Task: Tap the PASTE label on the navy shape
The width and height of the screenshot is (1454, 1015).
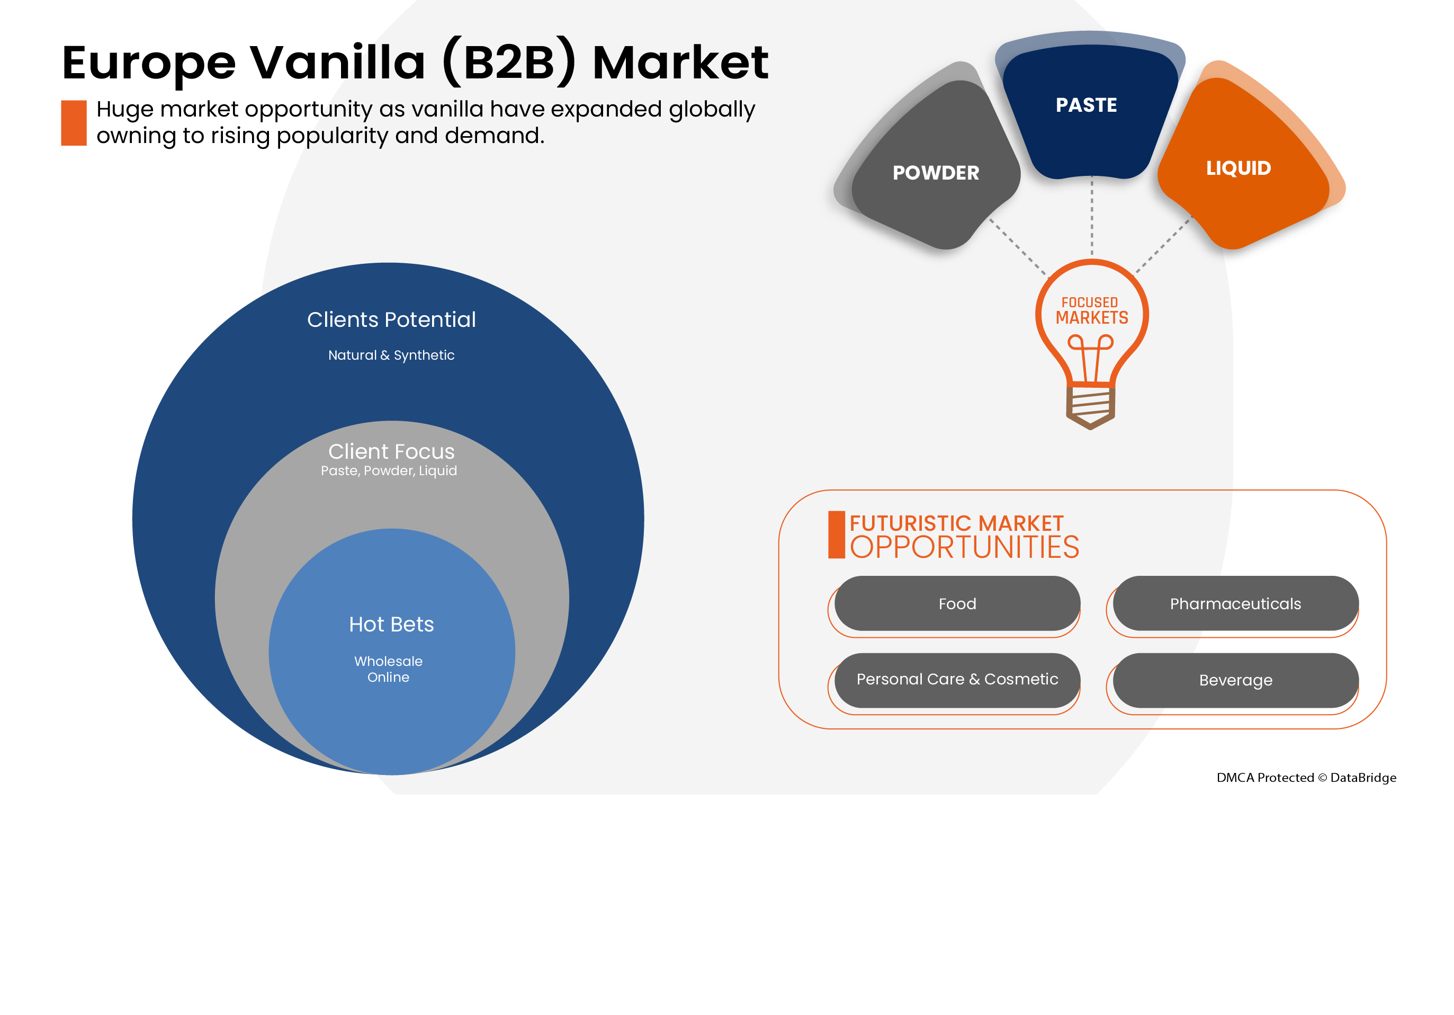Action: point(1086,105)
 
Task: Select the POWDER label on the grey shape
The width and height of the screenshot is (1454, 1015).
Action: point(935,173)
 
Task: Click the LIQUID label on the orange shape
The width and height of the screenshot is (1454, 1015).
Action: point(1238,168)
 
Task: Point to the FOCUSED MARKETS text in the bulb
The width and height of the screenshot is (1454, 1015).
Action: point(1091,311)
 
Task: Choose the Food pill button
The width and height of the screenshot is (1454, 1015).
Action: point(957,604)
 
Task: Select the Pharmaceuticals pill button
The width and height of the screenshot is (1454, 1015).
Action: point(1235,604)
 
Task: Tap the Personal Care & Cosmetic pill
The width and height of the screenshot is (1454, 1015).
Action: point(957,679)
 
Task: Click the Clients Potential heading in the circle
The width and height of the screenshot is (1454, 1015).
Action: point(391,320)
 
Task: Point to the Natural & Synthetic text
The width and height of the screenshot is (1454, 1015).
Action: point(391,355)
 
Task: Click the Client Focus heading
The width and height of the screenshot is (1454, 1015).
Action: point(391,452)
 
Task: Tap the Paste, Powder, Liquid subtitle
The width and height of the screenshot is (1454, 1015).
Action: point(389,471)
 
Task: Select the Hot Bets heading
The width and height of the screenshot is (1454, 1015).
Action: point(391,625)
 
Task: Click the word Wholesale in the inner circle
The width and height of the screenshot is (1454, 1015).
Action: point(388,662)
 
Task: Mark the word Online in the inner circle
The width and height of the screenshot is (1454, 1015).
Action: point(388,678)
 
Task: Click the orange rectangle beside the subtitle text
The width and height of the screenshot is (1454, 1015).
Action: point(74,123)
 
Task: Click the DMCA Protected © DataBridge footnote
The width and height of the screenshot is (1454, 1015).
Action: point(1306,777)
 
